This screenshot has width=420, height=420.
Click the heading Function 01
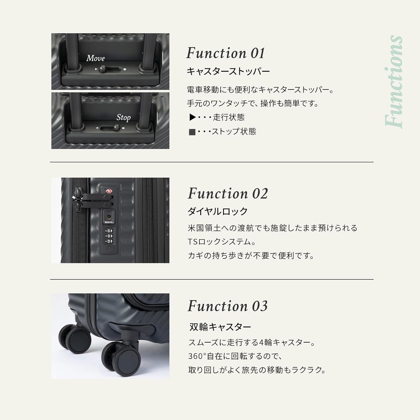tap(225, 53)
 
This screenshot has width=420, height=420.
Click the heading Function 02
tap(228, 193)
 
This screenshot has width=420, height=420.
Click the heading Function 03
tap(227, 306)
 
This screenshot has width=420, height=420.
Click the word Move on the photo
tap(95, 58)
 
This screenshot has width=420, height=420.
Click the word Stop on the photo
tap(123, 117)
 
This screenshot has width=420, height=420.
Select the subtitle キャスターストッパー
tap(228, 71)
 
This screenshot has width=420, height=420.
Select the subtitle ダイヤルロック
tap(218, 211)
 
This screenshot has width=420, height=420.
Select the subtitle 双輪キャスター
tap(220, 327)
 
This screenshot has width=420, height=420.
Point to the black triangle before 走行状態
tap(192, 117)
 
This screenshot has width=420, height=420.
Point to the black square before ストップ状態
tap(192, 132)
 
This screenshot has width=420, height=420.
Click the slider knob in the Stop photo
tap(117, 128)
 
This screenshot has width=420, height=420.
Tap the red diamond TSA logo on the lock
tap(109, 191)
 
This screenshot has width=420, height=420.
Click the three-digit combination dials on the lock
tap(109, 236)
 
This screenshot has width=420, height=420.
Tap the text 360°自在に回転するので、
tap(235, 356)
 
